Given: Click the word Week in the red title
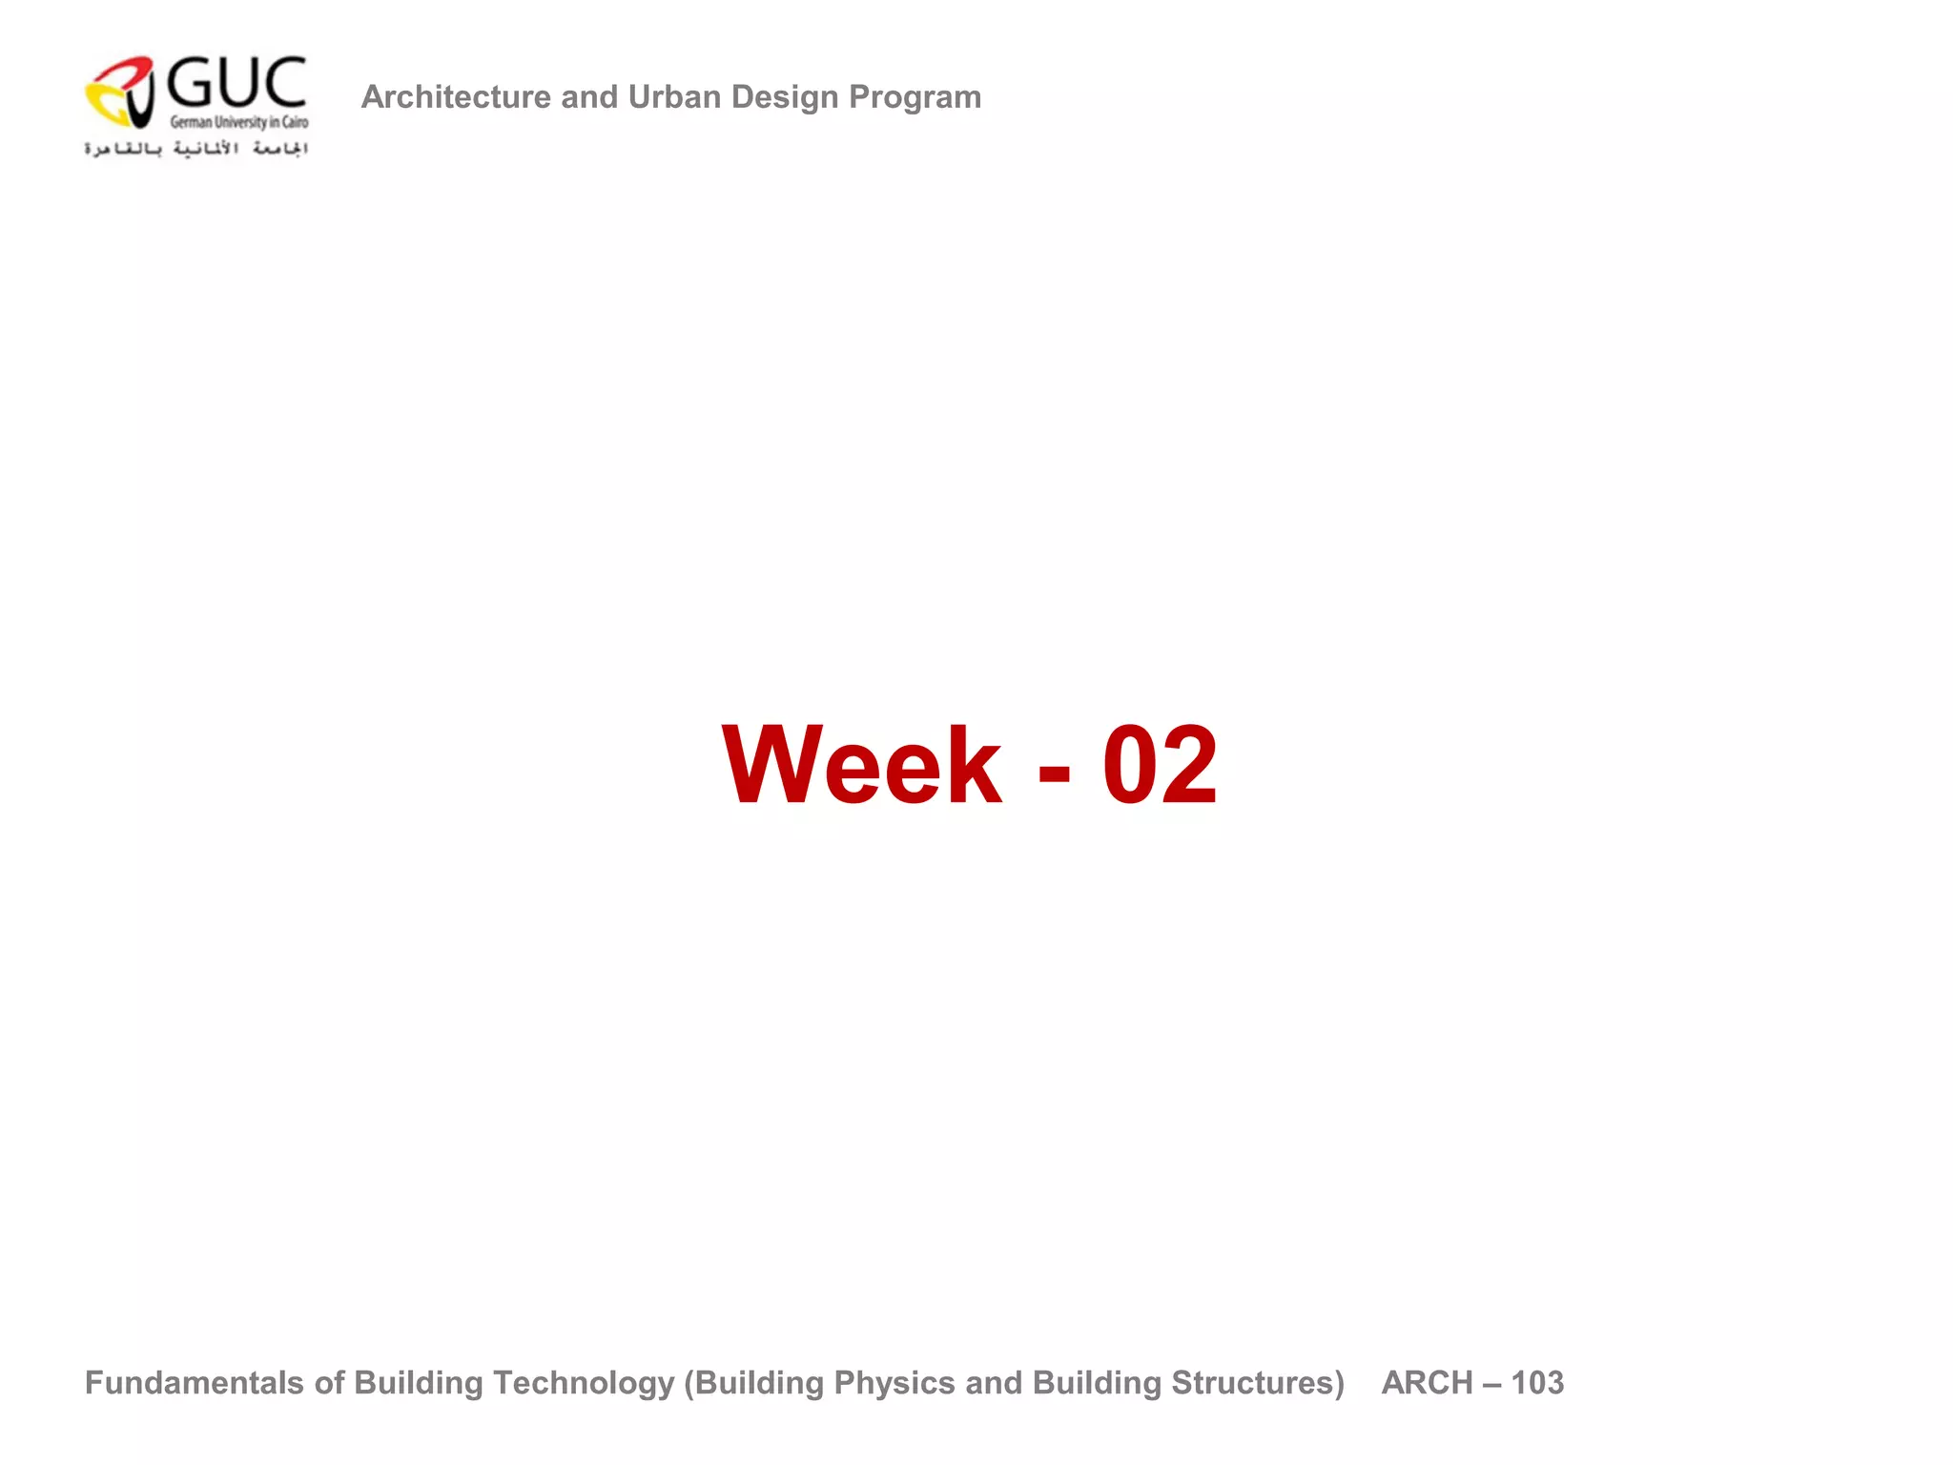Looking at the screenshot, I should (862, 765).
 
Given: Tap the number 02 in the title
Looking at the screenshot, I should (1160, 765).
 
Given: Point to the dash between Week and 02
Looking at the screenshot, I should (1054, 769).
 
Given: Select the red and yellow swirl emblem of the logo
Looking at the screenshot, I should (121, 92).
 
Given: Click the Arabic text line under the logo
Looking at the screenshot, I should (196, 149).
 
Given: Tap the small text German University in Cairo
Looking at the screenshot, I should (238, 122).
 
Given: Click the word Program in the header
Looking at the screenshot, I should (915, 97).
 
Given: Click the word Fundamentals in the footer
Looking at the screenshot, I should (195, 1382).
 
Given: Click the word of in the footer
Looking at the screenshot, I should (329, 1382).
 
